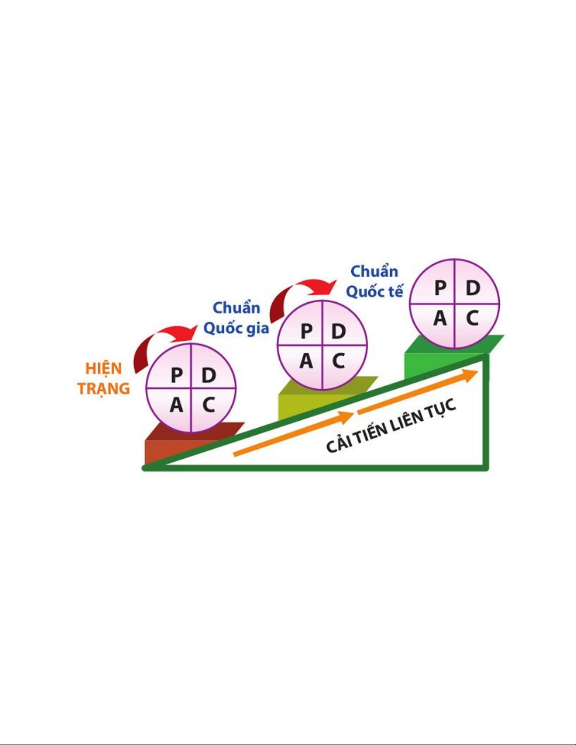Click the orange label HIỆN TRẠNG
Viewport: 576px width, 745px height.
[103, 379]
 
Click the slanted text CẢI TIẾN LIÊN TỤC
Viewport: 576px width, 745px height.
[391, 425]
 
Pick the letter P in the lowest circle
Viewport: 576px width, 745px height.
[176, 375]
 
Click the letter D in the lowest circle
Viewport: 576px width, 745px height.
[208, 375]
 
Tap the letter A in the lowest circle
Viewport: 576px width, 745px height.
[176, 405]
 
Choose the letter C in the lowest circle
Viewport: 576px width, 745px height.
[208, 405]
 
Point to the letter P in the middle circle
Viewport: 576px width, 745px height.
[306, 331]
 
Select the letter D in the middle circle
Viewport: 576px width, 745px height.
[339, 331]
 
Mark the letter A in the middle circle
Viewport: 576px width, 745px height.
[306, 361]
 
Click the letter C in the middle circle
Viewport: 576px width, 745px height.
[338, 361]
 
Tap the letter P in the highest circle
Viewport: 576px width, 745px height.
[440, 288]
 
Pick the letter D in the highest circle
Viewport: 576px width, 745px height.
[473, 288]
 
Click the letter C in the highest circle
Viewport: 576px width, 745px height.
[472, 318]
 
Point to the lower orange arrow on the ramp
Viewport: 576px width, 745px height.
[293, 434]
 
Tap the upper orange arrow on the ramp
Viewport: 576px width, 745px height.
[418, 392]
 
